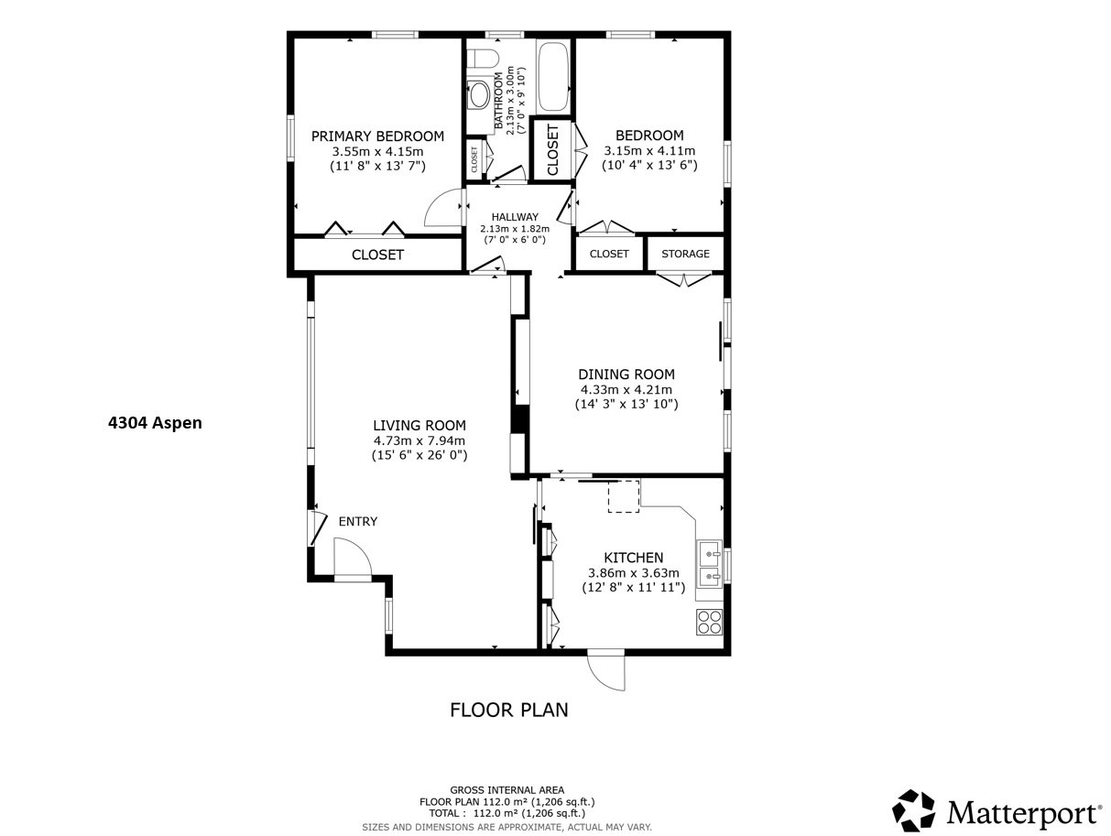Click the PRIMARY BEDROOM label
coord(377,136)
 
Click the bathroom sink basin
coord(479,94)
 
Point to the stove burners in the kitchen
coord(709,622)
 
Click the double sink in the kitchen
coord(709,565)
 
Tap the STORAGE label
coord(685,254)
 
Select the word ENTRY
coord(357,522)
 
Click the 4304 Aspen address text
coord(155,422)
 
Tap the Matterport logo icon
coord(913,811)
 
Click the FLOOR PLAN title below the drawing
coord(508,710)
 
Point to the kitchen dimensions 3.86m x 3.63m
coord(633,573)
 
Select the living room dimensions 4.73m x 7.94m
coord(419,440)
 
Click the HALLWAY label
coord(514,217)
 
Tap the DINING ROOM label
coord(626,374)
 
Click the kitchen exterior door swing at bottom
coord(606,671)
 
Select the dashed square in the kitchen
coord(624,496)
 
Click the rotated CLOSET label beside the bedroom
coord(552,149)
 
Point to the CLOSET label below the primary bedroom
coord(377,255)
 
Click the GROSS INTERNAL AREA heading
coord(506,789)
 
